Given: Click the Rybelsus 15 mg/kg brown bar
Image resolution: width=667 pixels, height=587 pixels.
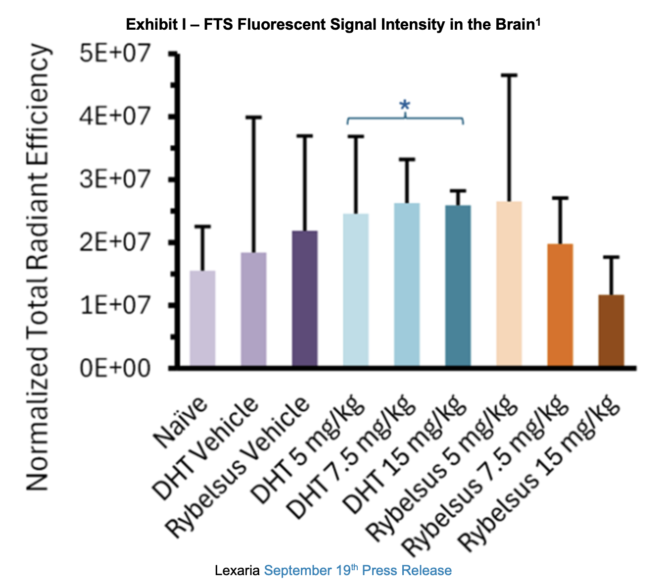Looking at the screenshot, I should [611, 330].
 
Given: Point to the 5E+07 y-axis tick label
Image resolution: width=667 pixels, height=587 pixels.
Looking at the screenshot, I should [115, 53].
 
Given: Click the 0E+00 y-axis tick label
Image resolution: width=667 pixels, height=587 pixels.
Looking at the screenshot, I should [115, 368].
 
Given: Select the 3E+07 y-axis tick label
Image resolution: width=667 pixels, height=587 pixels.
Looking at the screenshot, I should [115, 179].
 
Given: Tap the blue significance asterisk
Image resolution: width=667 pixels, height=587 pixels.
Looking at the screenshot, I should [405, 105].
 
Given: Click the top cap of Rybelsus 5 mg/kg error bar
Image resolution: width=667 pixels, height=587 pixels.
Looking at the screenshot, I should [509, 75].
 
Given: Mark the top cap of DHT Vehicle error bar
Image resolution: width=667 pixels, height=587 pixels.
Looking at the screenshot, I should [253, 117].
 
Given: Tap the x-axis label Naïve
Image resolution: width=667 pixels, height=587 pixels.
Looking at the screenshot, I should [181, 421].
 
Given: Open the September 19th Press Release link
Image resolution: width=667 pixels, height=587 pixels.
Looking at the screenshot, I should [357, 570].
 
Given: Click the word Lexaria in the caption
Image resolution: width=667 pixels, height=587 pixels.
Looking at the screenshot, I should [237, 571].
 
